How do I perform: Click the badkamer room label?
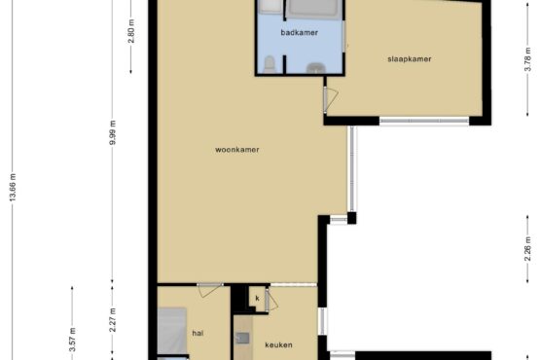299,33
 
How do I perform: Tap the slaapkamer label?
409,59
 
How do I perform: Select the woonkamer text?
237,150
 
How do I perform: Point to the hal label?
198,333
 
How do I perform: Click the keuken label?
278,344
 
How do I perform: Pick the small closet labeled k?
257,299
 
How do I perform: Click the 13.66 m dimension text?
13,188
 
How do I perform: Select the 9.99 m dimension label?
113,132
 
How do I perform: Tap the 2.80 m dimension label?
131,31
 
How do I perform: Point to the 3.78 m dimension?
527,59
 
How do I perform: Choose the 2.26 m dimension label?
527,249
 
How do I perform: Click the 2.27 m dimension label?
113,320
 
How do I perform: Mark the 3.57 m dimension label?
72,340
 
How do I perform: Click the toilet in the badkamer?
270,65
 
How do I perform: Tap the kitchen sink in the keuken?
242,338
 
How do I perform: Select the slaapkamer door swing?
331,100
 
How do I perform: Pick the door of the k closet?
271,301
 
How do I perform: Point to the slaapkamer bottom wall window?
424,121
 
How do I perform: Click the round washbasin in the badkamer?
315,68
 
